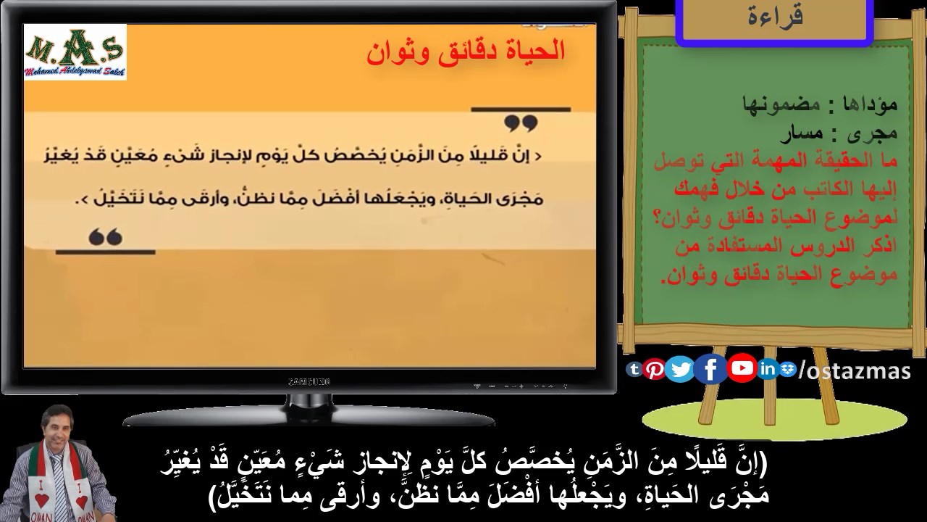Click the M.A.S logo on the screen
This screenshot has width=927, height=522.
coord(75,51)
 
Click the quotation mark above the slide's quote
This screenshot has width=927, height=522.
coord(521,123)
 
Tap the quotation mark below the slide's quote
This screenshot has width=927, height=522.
coord(106,236)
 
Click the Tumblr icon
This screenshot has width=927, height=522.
coord(634,369)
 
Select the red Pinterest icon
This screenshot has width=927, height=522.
coord(655,369)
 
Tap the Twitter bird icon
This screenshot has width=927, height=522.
coord(680,370)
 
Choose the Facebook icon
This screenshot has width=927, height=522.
coord(710,370)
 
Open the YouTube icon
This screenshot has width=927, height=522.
coord(742,368)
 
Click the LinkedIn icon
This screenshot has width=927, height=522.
coord(768,369)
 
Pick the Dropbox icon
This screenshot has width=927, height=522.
coord(788,369)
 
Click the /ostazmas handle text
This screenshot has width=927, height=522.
coord(853,370)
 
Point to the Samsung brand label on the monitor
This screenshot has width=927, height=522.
coord(309,381)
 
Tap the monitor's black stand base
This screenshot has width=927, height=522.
coord(309,418)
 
